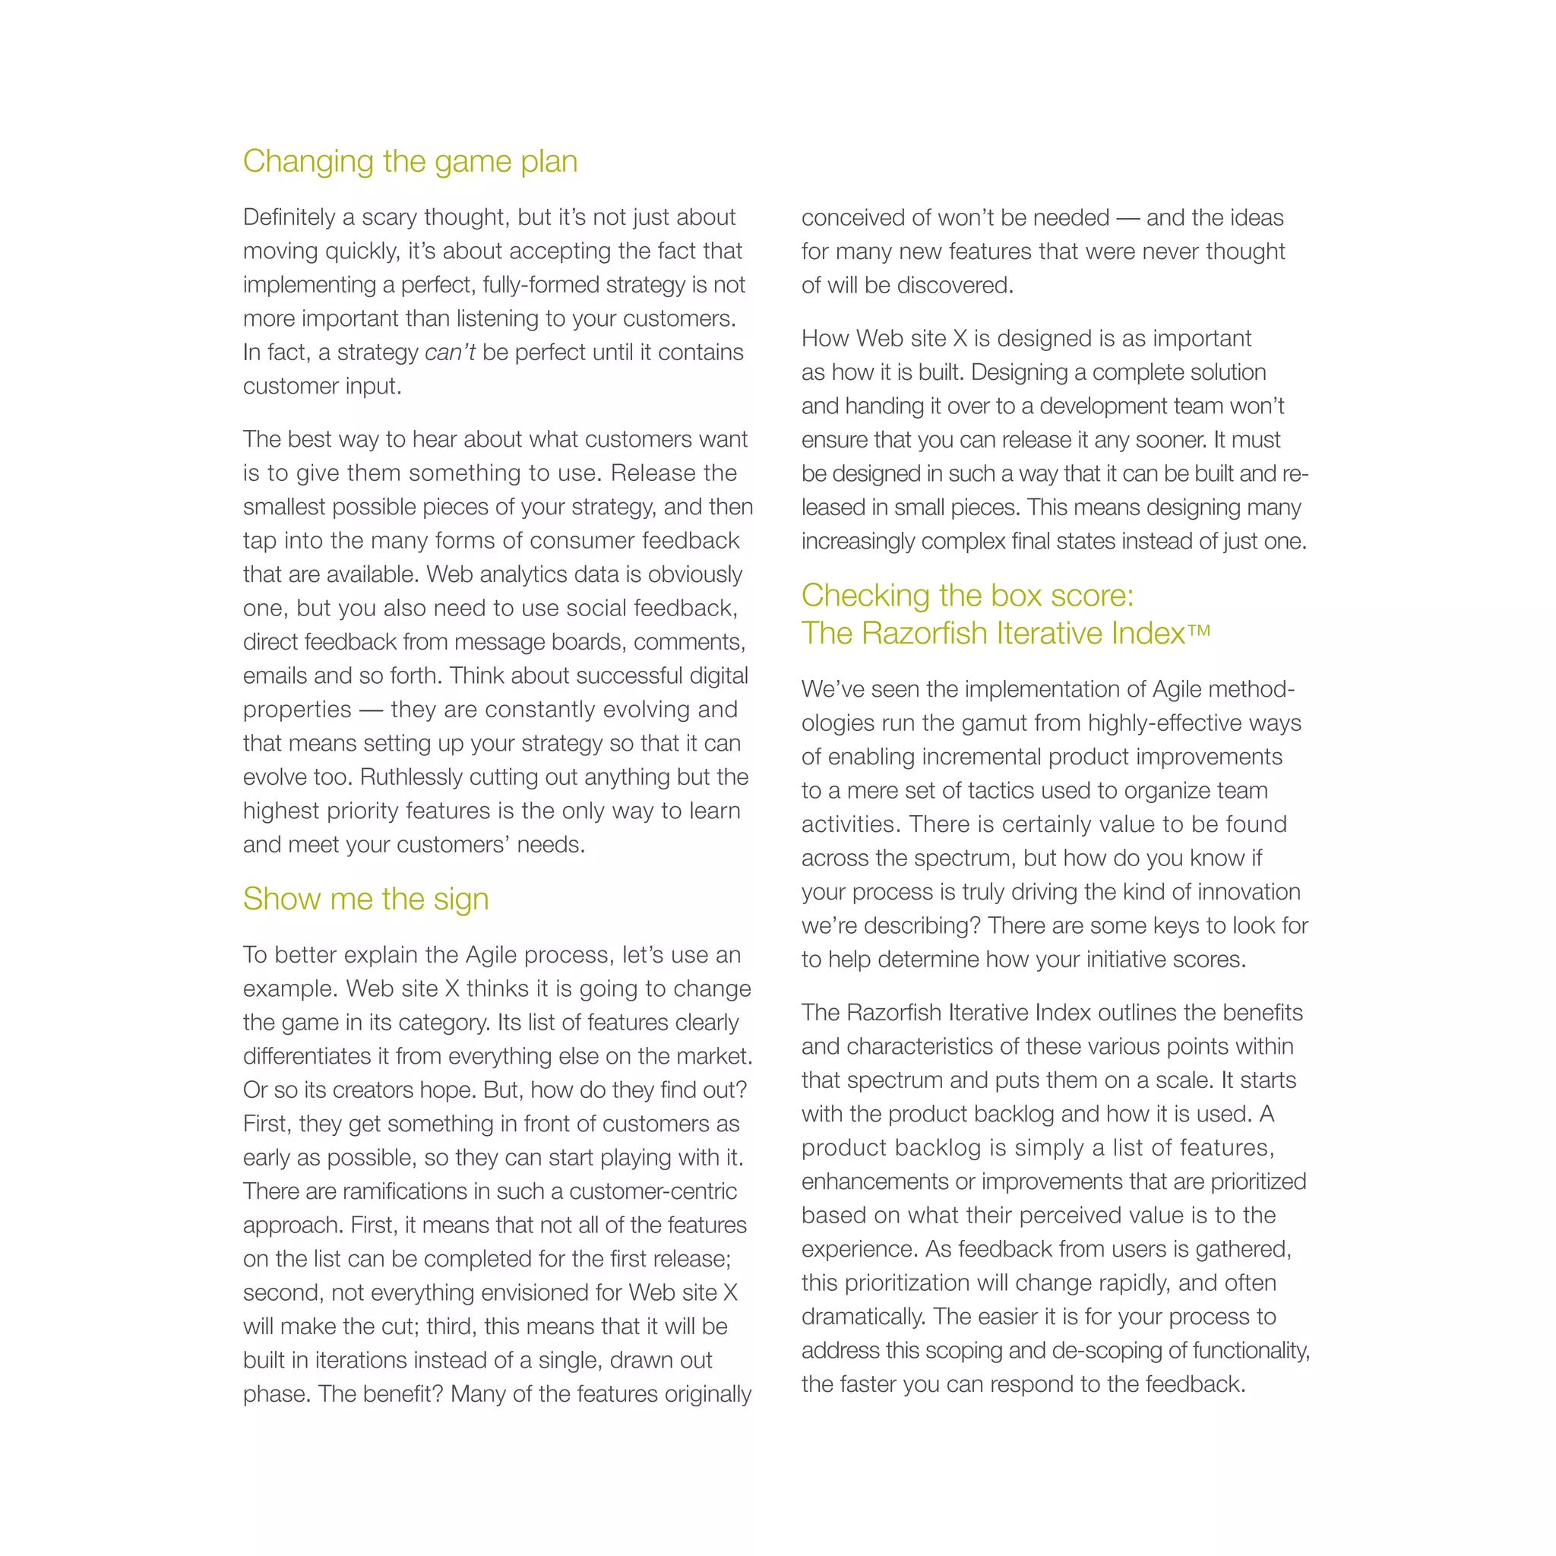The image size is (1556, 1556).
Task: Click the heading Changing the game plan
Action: click(x=410, y=161)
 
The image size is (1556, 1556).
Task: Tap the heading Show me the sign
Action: click(x=365, y=898)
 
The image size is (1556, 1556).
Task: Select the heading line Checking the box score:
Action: click(x=967, y=595)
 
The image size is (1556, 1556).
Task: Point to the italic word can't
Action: click(x=450, y=353)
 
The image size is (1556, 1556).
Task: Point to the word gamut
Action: click(x=998, y=723)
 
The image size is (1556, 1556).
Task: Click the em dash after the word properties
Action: click(x=371, y=710)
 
